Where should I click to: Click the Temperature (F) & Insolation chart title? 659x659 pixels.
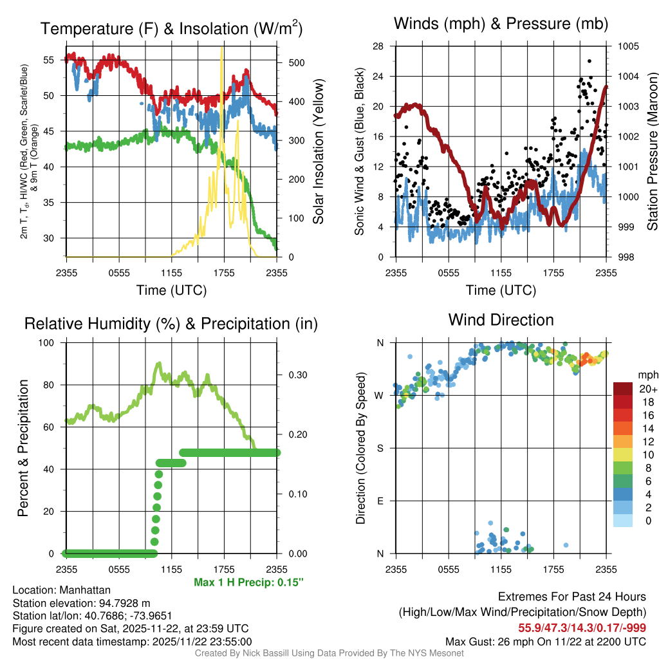pos(171,28)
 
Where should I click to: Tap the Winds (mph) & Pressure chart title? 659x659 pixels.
pos(501,24)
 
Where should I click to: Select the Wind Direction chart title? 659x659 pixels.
pos(501,320)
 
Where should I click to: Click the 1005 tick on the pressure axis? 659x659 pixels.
pos(627,46)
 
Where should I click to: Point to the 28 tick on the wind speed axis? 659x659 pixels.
pos(378,46)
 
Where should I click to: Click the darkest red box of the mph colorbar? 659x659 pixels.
pos(624,389)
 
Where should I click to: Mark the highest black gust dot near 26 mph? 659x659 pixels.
pos(589,61)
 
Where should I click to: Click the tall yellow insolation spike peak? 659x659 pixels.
pos(222,48)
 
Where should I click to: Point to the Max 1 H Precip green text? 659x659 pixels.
pos(248,582)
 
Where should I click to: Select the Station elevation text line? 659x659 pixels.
pos(81,603)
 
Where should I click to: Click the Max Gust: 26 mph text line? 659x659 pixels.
pos(546,642)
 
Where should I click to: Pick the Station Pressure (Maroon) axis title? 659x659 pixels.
pos(652,151)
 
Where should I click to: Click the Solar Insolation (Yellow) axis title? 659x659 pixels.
pos(319,151)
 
